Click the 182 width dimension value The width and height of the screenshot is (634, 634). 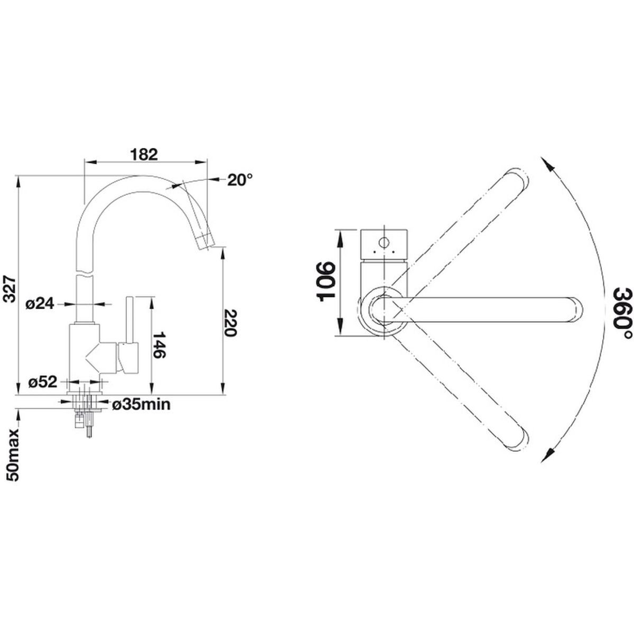pos(144,155)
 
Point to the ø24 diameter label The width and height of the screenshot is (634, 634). pos(40,304)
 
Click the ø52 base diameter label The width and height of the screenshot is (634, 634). pos(43,383)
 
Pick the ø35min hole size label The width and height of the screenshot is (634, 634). pos(141,404)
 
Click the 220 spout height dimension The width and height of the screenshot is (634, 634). pos(230,323)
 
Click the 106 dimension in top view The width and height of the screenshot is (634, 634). pos(325,282)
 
